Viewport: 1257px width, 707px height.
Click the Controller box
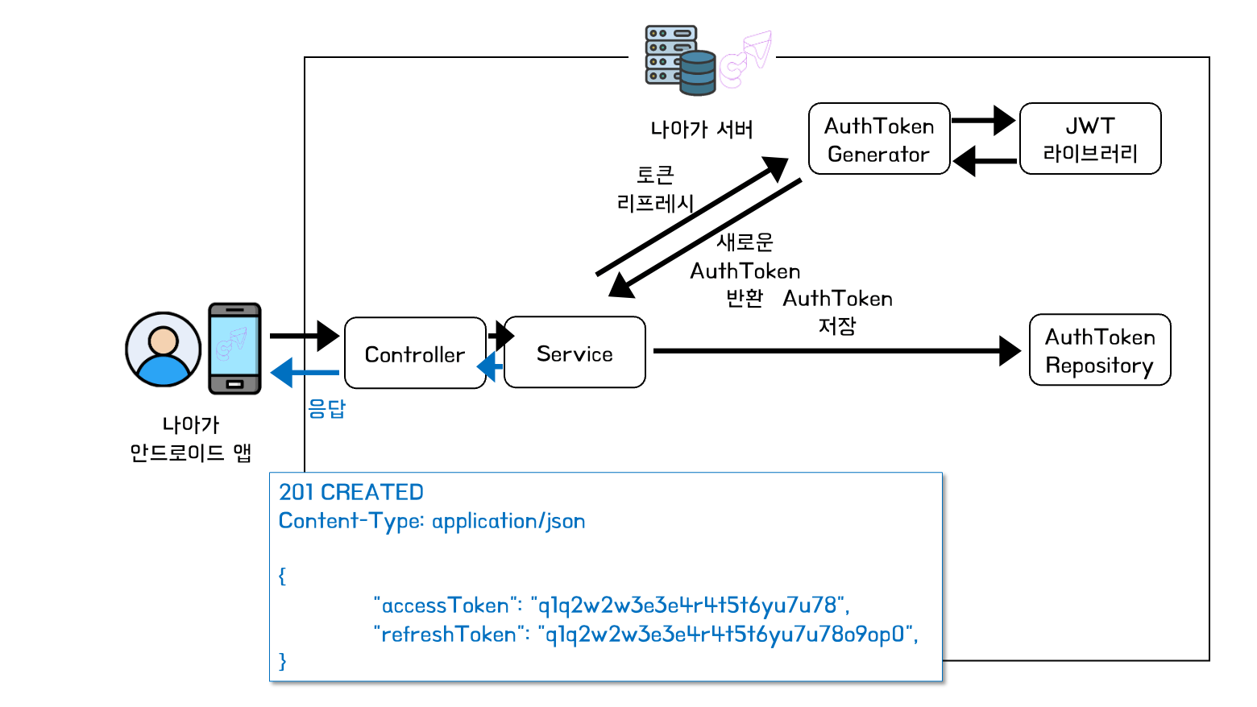[x=415, y=353]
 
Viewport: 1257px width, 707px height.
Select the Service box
[x=575, y=353]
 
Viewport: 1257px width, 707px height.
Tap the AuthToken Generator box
[x=879, y=139]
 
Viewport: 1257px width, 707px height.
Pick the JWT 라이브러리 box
[x=1090, y=139]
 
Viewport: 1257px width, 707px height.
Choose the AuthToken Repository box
[x=1100, y=350]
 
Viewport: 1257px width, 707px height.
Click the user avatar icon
[x=163, y=349]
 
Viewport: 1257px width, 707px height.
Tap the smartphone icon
[x=234, y=349]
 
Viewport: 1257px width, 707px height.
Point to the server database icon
[x=681, y=60]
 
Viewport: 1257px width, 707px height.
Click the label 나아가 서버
[x=702, y=130]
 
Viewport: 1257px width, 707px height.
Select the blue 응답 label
[x=326, y=409]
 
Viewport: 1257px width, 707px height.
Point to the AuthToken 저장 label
[x=837, y=312]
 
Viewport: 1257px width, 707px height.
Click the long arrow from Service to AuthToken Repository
[x=830, y=351]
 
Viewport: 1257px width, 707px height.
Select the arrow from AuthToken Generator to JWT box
[x=982, y=121]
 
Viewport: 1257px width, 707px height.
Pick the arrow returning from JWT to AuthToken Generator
[x=984, y=160]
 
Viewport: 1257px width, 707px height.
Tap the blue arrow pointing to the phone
[x=305, y=373]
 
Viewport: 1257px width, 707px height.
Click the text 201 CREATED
[x=351, y=492]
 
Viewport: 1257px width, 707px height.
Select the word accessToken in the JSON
[x=446, y=606]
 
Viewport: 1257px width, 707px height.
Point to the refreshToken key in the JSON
[x=449, y=635]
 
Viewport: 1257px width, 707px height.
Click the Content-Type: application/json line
[x=432, y=521]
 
